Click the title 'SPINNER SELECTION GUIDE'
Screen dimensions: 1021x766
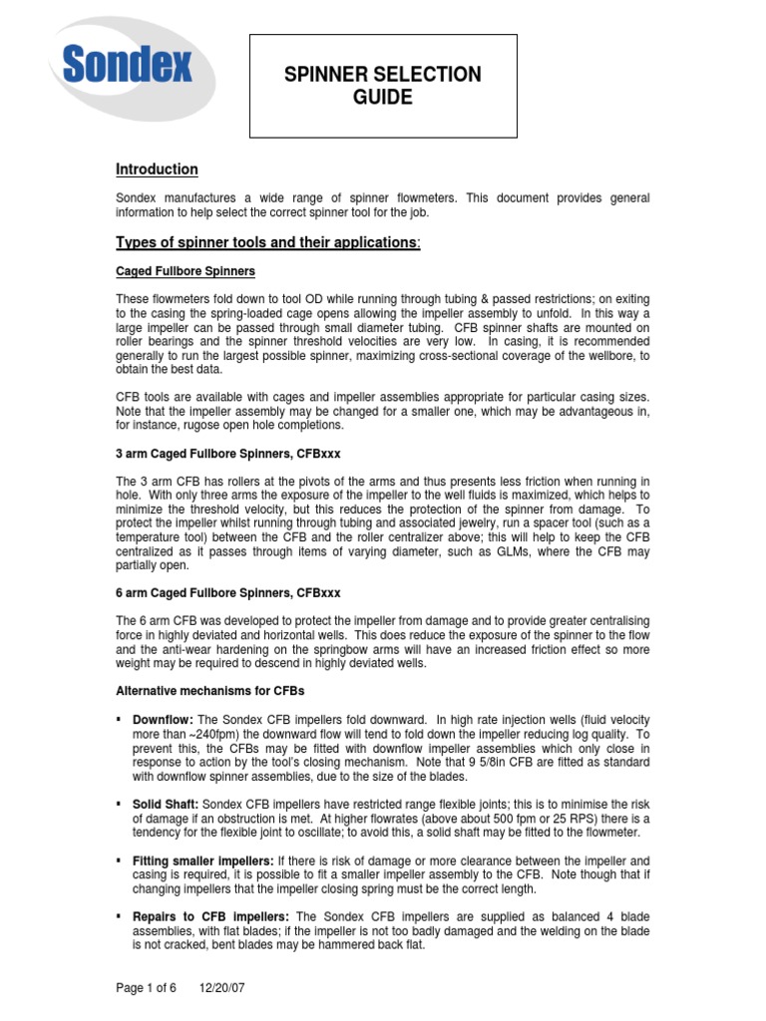383,86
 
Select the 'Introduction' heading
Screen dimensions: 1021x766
157,170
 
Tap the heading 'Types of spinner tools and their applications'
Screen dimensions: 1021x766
268,242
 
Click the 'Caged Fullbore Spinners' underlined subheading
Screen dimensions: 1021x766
186,271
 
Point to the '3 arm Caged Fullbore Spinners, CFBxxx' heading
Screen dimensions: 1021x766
235,453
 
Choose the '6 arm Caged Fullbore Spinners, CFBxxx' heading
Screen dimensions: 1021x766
235,592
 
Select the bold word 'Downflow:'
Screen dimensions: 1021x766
164,719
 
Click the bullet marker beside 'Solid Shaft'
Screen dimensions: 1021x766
120,803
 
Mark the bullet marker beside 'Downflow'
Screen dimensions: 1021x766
120,719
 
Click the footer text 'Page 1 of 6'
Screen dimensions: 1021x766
147,988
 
